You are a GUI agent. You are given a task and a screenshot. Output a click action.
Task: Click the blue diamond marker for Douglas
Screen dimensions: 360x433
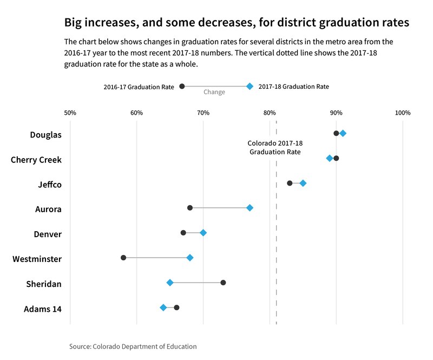pyautogui.click(x=343, y=133)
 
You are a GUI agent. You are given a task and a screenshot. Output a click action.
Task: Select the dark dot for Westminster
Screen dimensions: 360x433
pyautogui.click(x=123, y=258)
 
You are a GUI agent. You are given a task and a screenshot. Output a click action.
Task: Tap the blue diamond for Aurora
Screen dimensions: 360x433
pyautogui.click(x=250, y=208)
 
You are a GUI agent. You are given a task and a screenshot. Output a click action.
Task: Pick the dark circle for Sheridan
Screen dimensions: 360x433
pyautogui.click(x=223, y=283)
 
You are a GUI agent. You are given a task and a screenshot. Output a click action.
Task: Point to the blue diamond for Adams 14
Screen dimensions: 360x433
pyautogui.click(x=163, y=307)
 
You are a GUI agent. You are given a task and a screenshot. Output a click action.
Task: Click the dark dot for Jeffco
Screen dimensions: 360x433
pyautogui.click(x=290, y=183)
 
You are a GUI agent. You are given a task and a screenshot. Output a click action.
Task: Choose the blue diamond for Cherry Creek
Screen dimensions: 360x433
pyautogui.click(x=330, y=158)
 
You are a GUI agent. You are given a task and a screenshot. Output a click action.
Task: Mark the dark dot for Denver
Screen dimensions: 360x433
pyautogui.click(x=183, y=233)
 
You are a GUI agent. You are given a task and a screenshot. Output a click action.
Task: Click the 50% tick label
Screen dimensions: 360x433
pyautogui.click(x=70, y=113)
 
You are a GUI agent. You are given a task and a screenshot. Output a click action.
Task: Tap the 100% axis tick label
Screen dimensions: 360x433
pyautogui.click(x=403, y=113)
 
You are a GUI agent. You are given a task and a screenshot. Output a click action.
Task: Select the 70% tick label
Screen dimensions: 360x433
pyautogui.click(x=203, y=113)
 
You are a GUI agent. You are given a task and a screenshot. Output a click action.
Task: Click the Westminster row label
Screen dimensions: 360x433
pyautogui.click(x=37, y=259)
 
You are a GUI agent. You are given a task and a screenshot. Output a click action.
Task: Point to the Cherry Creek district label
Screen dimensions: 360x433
pyautogui.click(x=36, y=160)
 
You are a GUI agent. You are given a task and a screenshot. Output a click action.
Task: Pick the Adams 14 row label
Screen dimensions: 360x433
pyautogui.click(x=43, y=309)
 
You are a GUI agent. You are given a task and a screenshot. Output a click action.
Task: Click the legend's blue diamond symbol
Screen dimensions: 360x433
pyautogui.click(x=250, y=87)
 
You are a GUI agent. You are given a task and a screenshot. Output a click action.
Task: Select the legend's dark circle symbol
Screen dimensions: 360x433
pyautogui.click(x=182, y=87)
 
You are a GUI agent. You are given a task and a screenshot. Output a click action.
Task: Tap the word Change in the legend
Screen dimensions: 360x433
pyautogui.click(x=214, y=92)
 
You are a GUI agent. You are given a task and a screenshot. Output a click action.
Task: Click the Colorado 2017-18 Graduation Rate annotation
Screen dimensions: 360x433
pyautogui.click(x=275, y=148)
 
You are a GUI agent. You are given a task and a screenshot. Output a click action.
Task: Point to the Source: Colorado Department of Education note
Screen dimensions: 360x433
pyautogui.click(x=133, y=346)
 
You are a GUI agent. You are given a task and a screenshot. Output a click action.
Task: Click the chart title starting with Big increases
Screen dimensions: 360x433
pyautogui.click(x=236, y=23)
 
